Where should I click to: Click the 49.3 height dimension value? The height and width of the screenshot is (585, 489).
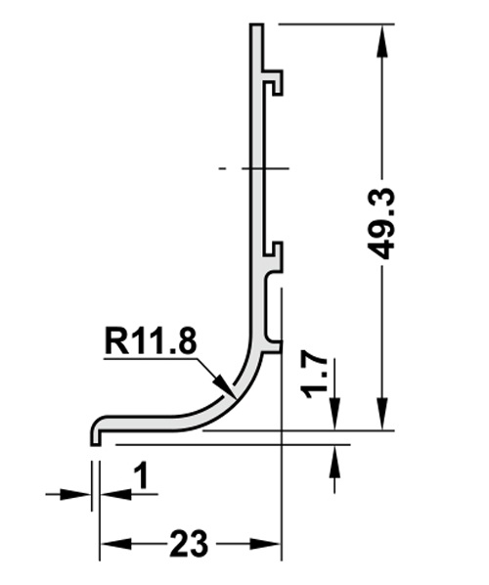pyautogui.click(x=381, y=223)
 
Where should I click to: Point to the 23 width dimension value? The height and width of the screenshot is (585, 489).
pyautogui.click(x=189, y=543)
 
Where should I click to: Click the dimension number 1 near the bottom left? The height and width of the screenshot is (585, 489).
pyautogui.click(x=140, y=476)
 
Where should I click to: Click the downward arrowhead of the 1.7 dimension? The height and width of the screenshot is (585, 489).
pyautogui.click(x=334, y=419)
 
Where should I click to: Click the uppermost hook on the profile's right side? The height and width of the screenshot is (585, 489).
pyautogui.click(x=275, y=80)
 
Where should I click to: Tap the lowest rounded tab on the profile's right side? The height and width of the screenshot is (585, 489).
pyautogui.click(x=275, y=343)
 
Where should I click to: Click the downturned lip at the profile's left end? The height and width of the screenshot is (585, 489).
pyautogui.click(x=96, y=434)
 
